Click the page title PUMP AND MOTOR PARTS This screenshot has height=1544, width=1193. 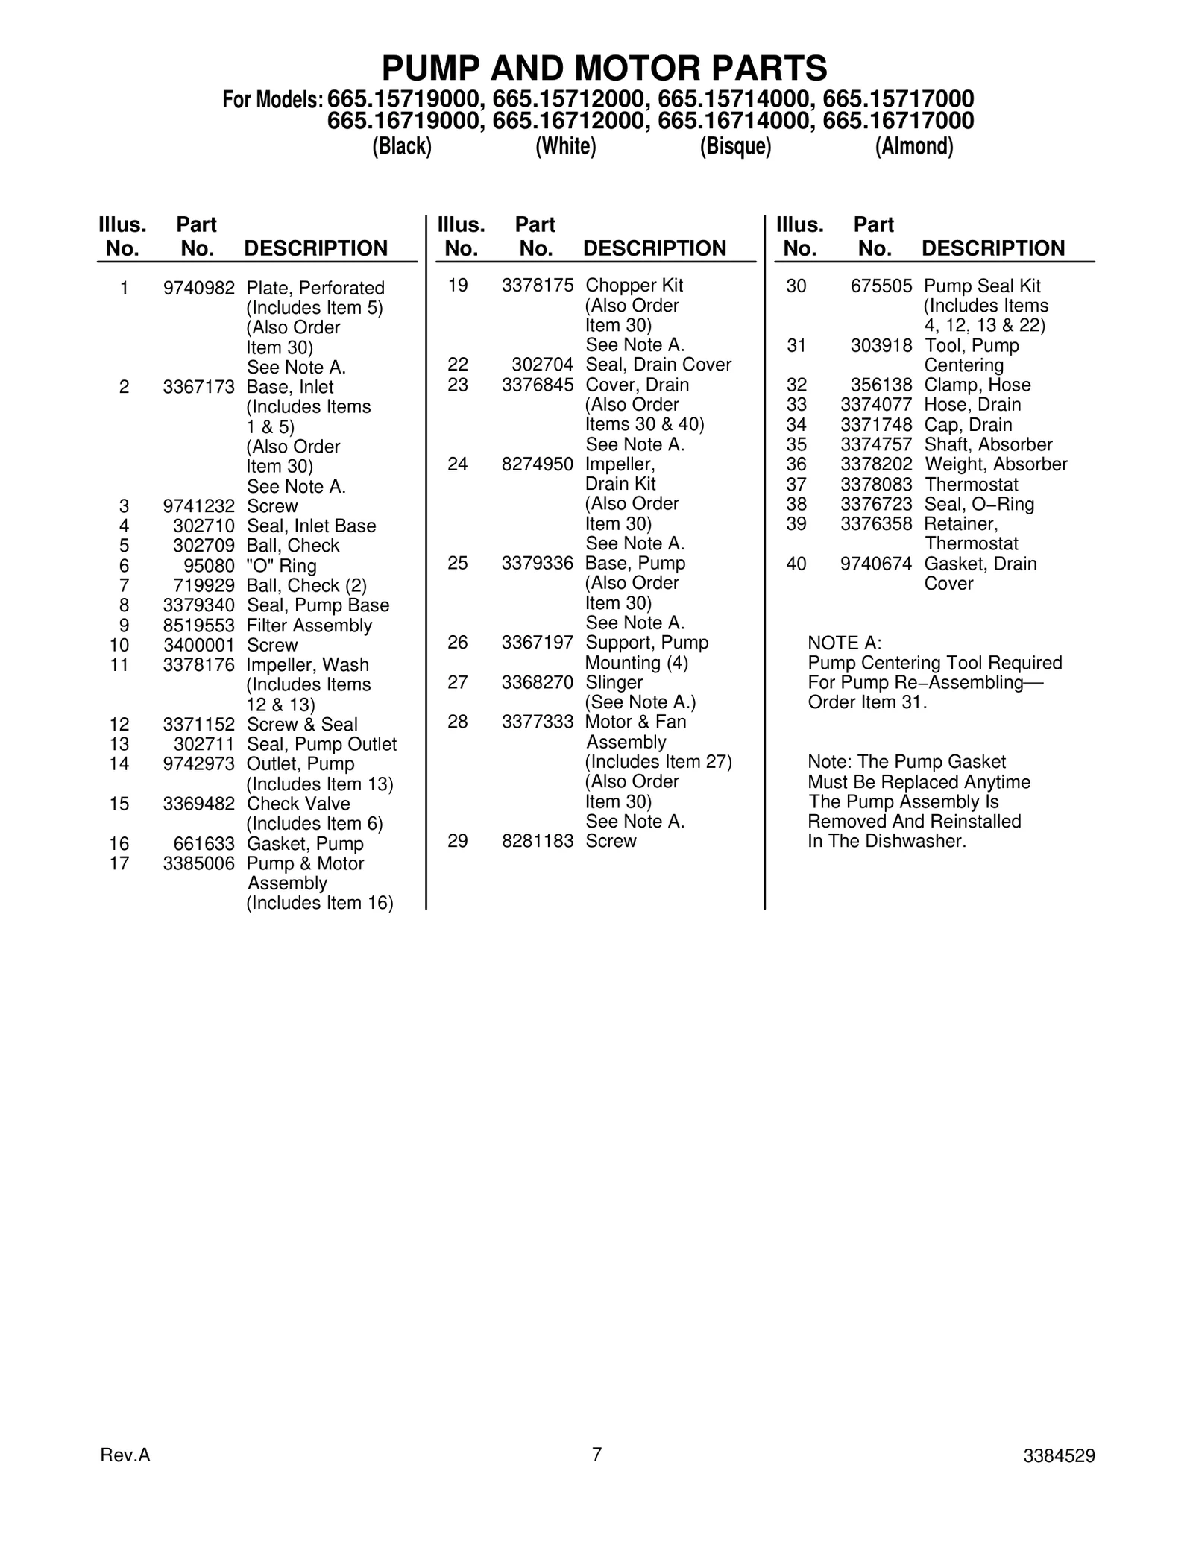[x=604, y=69]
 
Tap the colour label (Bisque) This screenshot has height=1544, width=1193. [x=735, y=146]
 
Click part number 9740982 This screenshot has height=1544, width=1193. [x=198, y=288]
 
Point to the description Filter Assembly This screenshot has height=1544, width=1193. [x=309, y=626]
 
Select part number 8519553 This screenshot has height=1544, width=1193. [x=198, y=626]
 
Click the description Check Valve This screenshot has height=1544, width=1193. [x=298, y=804]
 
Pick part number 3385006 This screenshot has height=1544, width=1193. [x=198, y=863]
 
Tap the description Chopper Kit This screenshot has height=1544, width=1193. [x=634, y=286]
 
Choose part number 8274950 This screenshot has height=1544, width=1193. [x=538, y=464]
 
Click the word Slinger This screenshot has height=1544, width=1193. [x=614, y=682]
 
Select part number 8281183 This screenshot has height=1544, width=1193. [x=538, y=841]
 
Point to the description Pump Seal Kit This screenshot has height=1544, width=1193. [x=982, y=286]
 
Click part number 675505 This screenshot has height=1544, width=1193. [x=881, y=286]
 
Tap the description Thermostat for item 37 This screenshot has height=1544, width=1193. [x=971, y=485]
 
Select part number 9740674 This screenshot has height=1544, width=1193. [x=875, y=564]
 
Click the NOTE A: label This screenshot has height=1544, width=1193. [x=844, y=643]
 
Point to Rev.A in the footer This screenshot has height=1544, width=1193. [x=125, y=1455]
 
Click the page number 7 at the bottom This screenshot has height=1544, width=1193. [x=596, y=1454]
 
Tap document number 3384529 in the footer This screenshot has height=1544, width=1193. [x=1059, y=1456]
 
